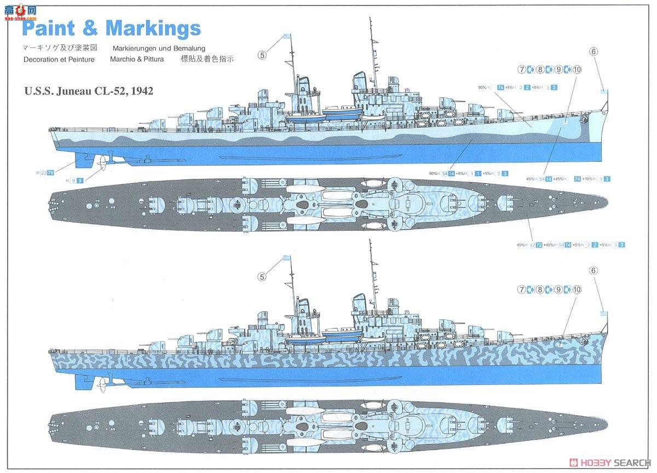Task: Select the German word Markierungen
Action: coord(135,49)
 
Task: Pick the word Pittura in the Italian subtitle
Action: coord(150,59)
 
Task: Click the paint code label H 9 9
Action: coord(74,180)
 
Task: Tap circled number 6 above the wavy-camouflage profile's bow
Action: coord(593,51)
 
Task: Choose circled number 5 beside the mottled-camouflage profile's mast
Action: coord(262,277)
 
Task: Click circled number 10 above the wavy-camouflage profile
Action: coord(577,69)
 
